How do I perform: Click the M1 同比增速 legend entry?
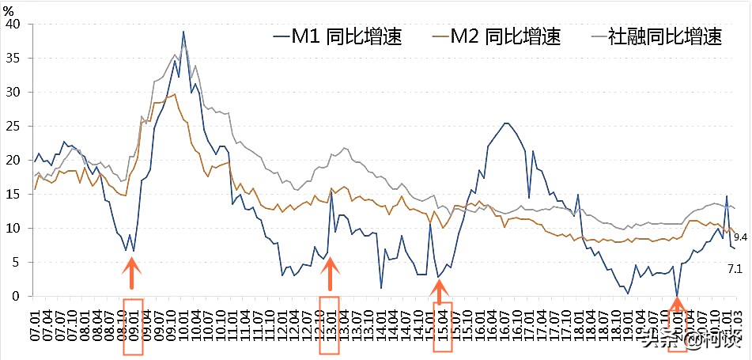tap(337, 36)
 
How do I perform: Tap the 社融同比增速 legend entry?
tap(656, 36)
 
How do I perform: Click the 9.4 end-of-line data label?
tap(741, 237)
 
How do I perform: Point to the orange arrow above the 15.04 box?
tap(441, 287)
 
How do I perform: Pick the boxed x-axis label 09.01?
tap(134, 326)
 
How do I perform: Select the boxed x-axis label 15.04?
tap(443, 326)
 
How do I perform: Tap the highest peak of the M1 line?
tap(183, 32)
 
